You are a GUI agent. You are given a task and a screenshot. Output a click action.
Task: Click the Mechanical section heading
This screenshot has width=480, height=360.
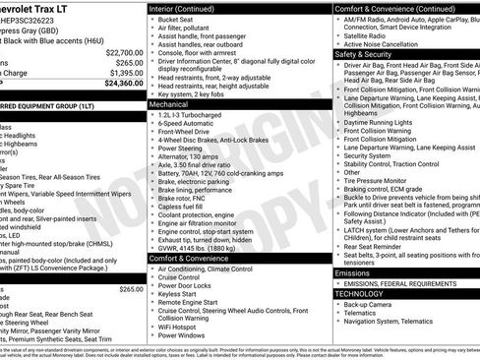(x=169, y=102)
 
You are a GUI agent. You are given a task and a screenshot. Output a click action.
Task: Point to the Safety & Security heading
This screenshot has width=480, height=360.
(x=363, y=54)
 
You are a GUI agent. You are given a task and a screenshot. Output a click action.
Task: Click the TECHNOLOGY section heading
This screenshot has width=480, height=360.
(x=359, y=293)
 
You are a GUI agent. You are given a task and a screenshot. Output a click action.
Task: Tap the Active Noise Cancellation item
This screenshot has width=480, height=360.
(x=383, y=44)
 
